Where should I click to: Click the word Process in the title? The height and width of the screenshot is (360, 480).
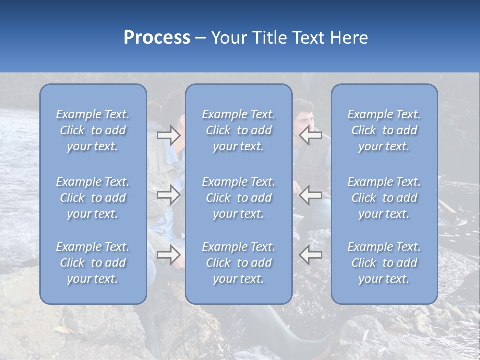[x=157, y=38]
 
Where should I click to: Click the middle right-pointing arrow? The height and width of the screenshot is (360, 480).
[x=168, y=195]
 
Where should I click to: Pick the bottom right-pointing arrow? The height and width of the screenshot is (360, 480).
[x=168, y=255]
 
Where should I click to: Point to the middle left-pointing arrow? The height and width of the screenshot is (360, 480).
[x=311, y=195]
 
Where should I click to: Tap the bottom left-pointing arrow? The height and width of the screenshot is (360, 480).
[x=311, y=255]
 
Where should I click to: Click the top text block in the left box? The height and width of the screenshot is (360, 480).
[x=93, y=130]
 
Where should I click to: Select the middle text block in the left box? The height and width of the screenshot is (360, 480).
[x=93, y=198]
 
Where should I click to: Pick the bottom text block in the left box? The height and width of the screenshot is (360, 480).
[x=93, y=263]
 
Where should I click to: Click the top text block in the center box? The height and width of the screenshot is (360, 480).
[x=239, y=130]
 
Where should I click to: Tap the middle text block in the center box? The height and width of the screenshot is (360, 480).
[x=239, y=198]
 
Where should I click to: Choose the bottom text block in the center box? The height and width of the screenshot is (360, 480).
[x=239, y=263]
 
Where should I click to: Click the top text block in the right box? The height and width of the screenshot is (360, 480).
[x=384, y=130]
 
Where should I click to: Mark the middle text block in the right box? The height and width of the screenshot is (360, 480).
[x=384, y=198]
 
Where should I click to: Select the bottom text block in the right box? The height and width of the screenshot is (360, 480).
[x=384, y=263]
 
